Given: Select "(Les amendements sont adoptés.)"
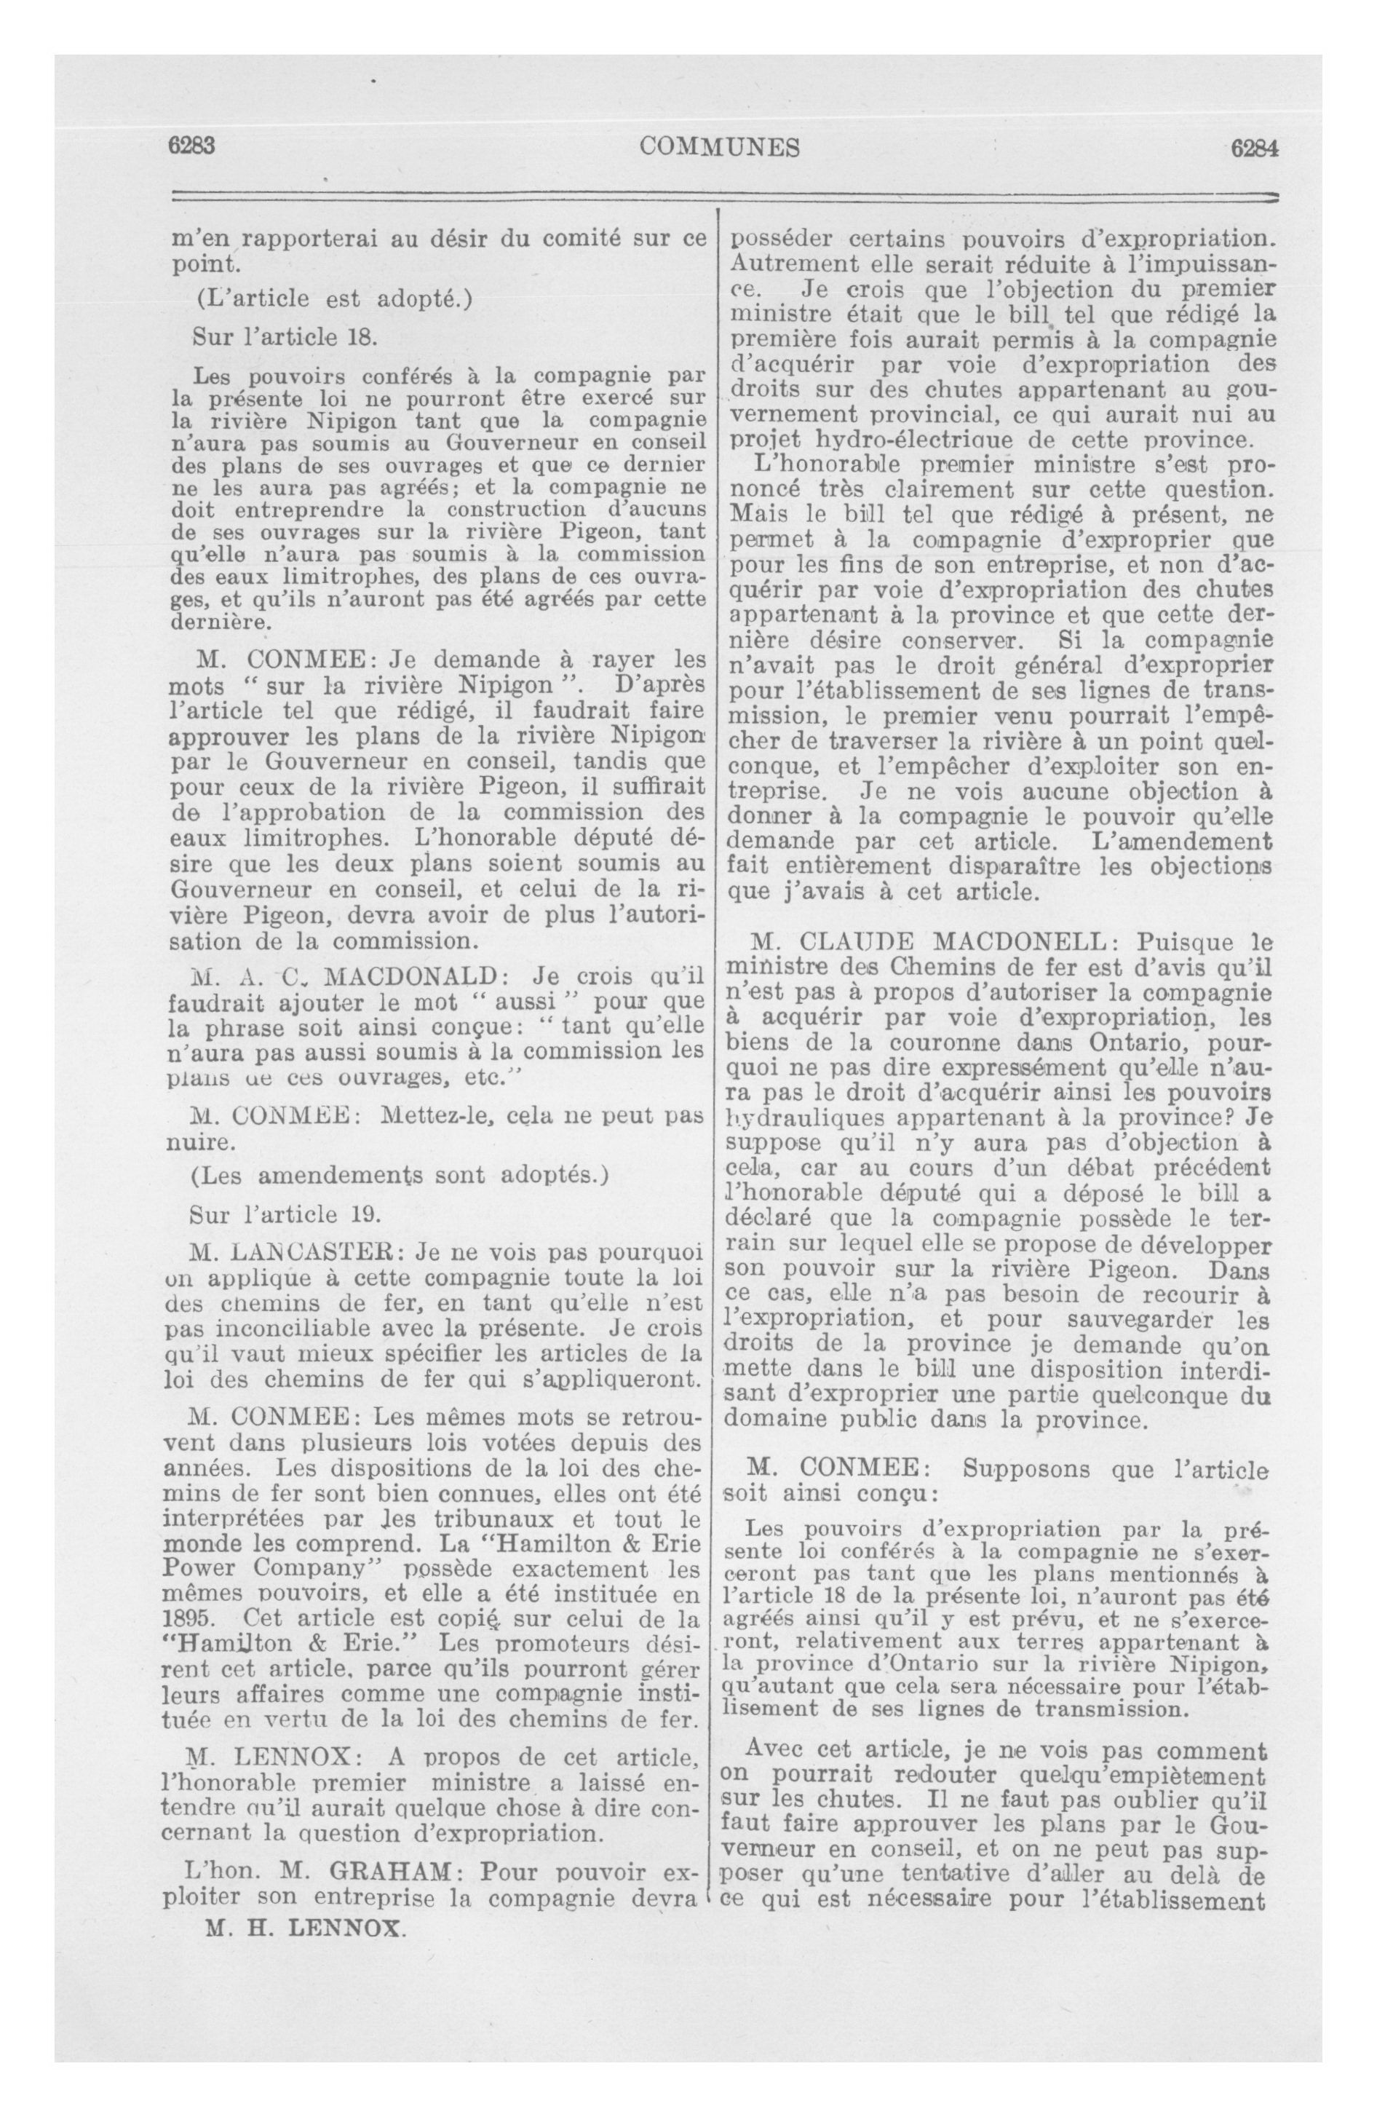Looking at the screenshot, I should click(x=400, y=1175).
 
